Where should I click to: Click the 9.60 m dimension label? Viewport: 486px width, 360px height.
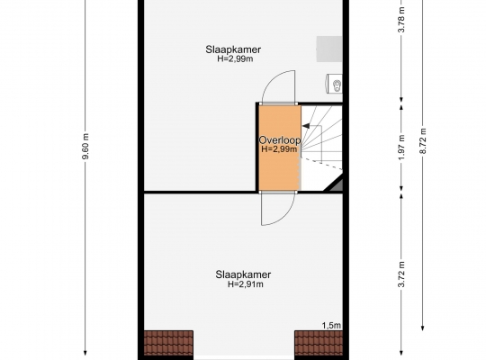tap(85, 146)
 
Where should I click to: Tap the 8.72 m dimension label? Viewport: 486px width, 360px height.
tap(423, 140)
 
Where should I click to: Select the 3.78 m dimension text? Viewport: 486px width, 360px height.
tap(401, 19)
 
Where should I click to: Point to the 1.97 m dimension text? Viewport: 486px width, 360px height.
tap(401, 148)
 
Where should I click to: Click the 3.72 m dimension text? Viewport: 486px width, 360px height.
tap(401, 274)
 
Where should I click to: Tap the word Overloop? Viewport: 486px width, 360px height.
tap(280, 140)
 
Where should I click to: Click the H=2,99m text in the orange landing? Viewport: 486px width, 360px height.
tap(279, 149)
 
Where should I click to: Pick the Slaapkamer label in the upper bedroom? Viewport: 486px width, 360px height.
tap(233, 49)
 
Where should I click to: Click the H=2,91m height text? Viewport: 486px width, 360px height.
tap(246, 284)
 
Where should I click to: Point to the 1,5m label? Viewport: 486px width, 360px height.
tap(331, 325)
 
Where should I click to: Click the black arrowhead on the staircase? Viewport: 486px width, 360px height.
tap(306, 126)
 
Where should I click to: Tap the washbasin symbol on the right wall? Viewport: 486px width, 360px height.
tap(335, 84)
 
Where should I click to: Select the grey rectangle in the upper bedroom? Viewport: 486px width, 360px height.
tap(329, 49)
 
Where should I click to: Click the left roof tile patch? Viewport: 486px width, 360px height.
tap(168, 343)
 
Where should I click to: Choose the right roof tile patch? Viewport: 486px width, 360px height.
tap(319, 343)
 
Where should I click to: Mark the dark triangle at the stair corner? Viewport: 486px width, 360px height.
tap(336, 184)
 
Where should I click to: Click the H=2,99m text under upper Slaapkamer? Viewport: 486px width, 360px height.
tap(235, 58)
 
